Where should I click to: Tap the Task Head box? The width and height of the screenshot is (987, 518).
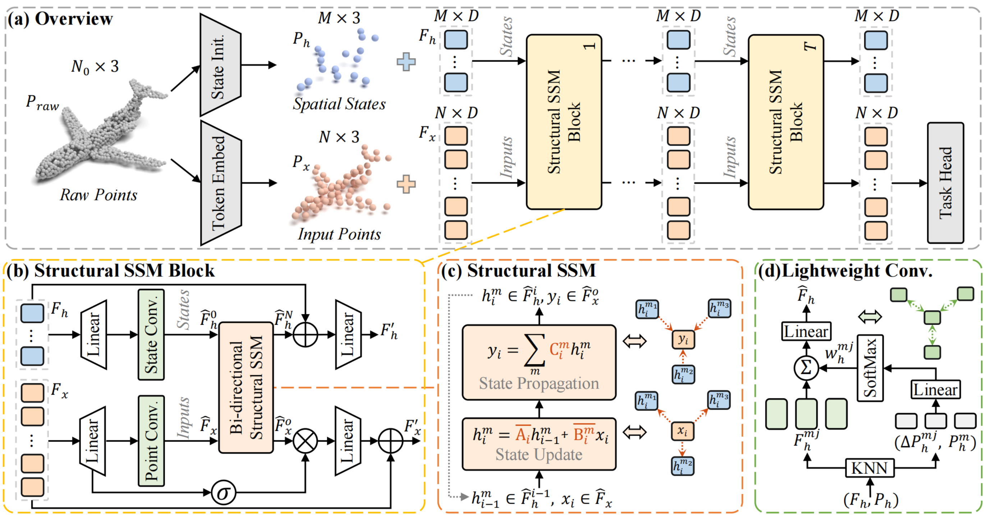click(945, 183)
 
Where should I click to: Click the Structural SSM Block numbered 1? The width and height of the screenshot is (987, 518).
click(564, 122)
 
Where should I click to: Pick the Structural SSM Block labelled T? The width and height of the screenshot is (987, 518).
click(785, 122)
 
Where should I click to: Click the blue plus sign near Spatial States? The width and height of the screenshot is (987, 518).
click(406, 62)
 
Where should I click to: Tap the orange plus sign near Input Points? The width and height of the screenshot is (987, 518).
click(406, 184)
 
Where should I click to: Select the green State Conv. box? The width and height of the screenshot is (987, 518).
click(151, 334)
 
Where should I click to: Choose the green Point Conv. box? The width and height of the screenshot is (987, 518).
click(151, 441)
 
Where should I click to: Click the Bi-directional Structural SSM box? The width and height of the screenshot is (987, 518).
click(245, 388)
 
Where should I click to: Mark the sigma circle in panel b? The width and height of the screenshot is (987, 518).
click(223, 492)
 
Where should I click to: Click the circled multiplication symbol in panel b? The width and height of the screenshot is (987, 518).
click(305, 441)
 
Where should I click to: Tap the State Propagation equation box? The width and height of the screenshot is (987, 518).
click(539, 362)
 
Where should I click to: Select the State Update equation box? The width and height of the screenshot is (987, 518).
click(539, 444)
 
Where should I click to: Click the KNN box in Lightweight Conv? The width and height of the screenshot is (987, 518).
click(869, 468)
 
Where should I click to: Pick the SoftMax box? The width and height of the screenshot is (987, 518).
click(870, 368)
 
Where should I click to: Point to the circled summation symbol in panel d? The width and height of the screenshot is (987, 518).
click(806, 368)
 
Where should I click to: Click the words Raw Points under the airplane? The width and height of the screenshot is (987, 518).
click(98, 195)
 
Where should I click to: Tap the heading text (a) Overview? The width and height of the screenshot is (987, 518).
click(60, 19)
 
